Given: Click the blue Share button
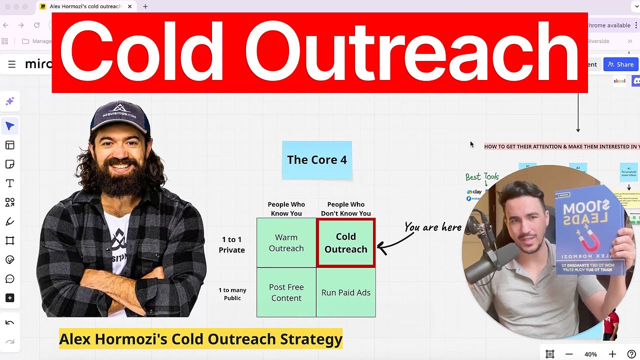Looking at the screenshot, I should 620,64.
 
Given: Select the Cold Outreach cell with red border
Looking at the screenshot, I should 345,243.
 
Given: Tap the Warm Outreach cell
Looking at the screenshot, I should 286,243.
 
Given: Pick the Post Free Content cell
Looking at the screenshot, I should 286,292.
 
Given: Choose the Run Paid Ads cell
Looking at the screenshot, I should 345,292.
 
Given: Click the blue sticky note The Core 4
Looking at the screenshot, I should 316,160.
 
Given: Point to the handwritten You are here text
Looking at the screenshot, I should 432,227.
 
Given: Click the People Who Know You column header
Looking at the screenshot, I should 286,209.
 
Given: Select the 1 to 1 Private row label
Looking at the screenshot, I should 231,245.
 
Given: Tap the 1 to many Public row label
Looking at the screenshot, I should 232,294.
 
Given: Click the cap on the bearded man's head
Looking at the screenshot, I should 120,117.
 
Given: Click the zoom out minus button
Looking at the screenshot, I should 569,354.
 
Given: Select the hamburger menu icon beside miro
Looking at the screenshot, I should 11,64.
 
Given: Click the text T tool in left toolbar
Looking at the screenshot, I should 9,183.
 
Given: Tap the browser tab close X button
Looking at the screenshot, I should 130,6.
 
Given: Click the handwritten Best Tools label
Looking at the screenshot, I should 482,177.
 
